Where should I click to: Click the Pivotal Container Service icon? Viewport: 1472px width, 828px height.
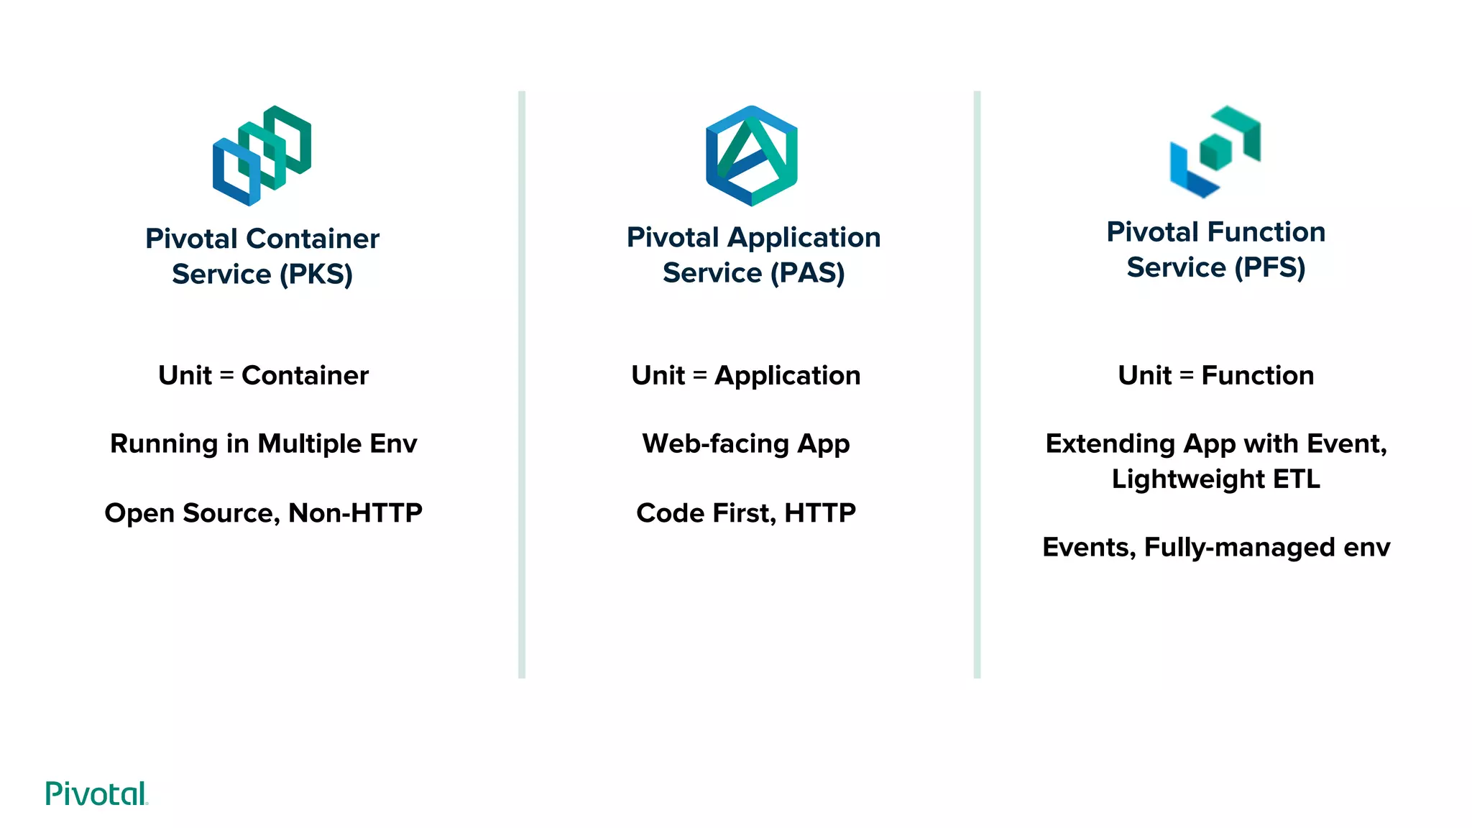pyautogui.click(x=262, y=155)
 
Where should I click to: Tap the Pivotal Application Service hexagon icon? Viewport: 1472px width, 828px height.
pyautogui.click(x=752, y=155)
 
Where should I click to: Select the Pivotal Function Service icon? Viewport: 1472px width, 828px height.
pyautogui.click(x=1215, y=152)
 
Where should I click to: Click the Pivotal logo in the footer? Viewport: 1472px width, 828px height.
pyautogui.click(x=96, y=793)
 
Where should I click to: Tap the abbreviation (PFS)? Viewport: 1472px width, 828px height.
pyautogui.click(x=1269, y=267)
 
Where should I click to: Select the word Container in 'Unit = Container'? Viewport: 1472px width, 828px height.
pyautogui.click(x=305, y=375)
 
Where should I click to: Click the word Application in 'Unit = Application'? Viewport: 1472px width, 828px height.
pyautogui.click(x=787, y=375)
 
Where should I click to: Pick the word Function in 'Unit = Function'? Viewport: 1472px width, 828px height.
pyautogui.click(x=1257, y=375)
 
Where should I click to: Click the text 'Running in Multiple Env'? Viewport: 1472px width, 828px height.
pyautogui.click(x=263, y=443)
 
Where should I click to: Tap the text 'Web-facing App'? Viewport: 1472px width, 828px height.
pyautogui.click(x=746, y=443)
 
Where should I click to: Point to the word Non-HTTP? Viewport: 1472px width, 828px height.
pyautogui.click(x=355, y=512)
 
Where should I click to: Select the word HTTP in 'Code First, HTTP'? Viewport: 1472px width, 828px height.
pyautogui.click(x=820, y=512)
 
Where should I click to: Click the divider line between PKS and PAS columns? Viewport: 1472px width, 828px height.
pyautogui.click(x=522, y=385)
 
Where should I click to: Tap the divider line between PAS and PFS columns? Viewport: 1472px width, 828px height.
pyautogui.click(x=977, y=385)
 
